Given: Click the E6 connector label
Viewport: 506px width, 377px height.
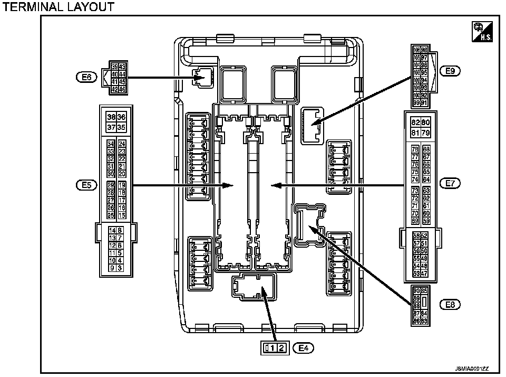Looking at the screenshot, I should (x=86, y=77).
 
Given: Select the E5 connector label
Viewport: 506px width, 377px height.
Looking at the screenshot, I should (x=86, y=185).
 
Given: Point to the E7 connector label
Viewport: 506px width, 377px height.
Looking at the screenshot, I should (x=450, y=183).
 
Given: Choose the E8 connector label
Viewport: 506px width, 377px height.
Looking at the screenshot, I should (x=450, y=304).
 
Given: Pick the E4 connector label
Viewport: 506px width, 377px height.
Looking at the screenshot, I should (x=304, y=347).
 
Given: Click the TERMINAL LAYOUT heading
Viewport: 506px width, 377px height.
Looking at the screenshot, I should (x=59, y=7).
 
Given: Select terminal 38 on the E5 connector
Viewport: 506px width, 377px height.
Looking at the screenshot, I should (x=111, y=117).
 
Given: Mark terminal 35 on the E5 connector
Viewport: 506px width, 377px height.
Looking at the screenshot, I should (x=121, y=127).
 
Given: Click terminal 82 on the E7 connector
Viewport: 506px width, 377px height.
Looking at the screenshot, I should (x=415, y=122).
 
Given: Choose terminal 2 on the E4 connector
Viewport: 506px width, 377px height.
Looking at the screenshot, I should (x=281, y=347).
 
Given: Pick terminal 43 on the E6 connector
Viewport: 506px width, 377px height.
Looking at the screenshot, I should (x=122, y=67).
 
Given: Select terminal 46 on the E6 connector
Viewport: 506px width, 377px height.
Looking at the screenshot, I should (x=122, y=89).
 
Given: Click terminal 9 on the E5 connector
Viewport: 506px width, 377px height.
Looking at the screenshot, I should (x=112, y=268).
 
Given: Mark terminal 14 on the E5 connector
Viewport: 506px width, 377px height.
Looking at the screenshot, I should (x=112, y=230).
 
